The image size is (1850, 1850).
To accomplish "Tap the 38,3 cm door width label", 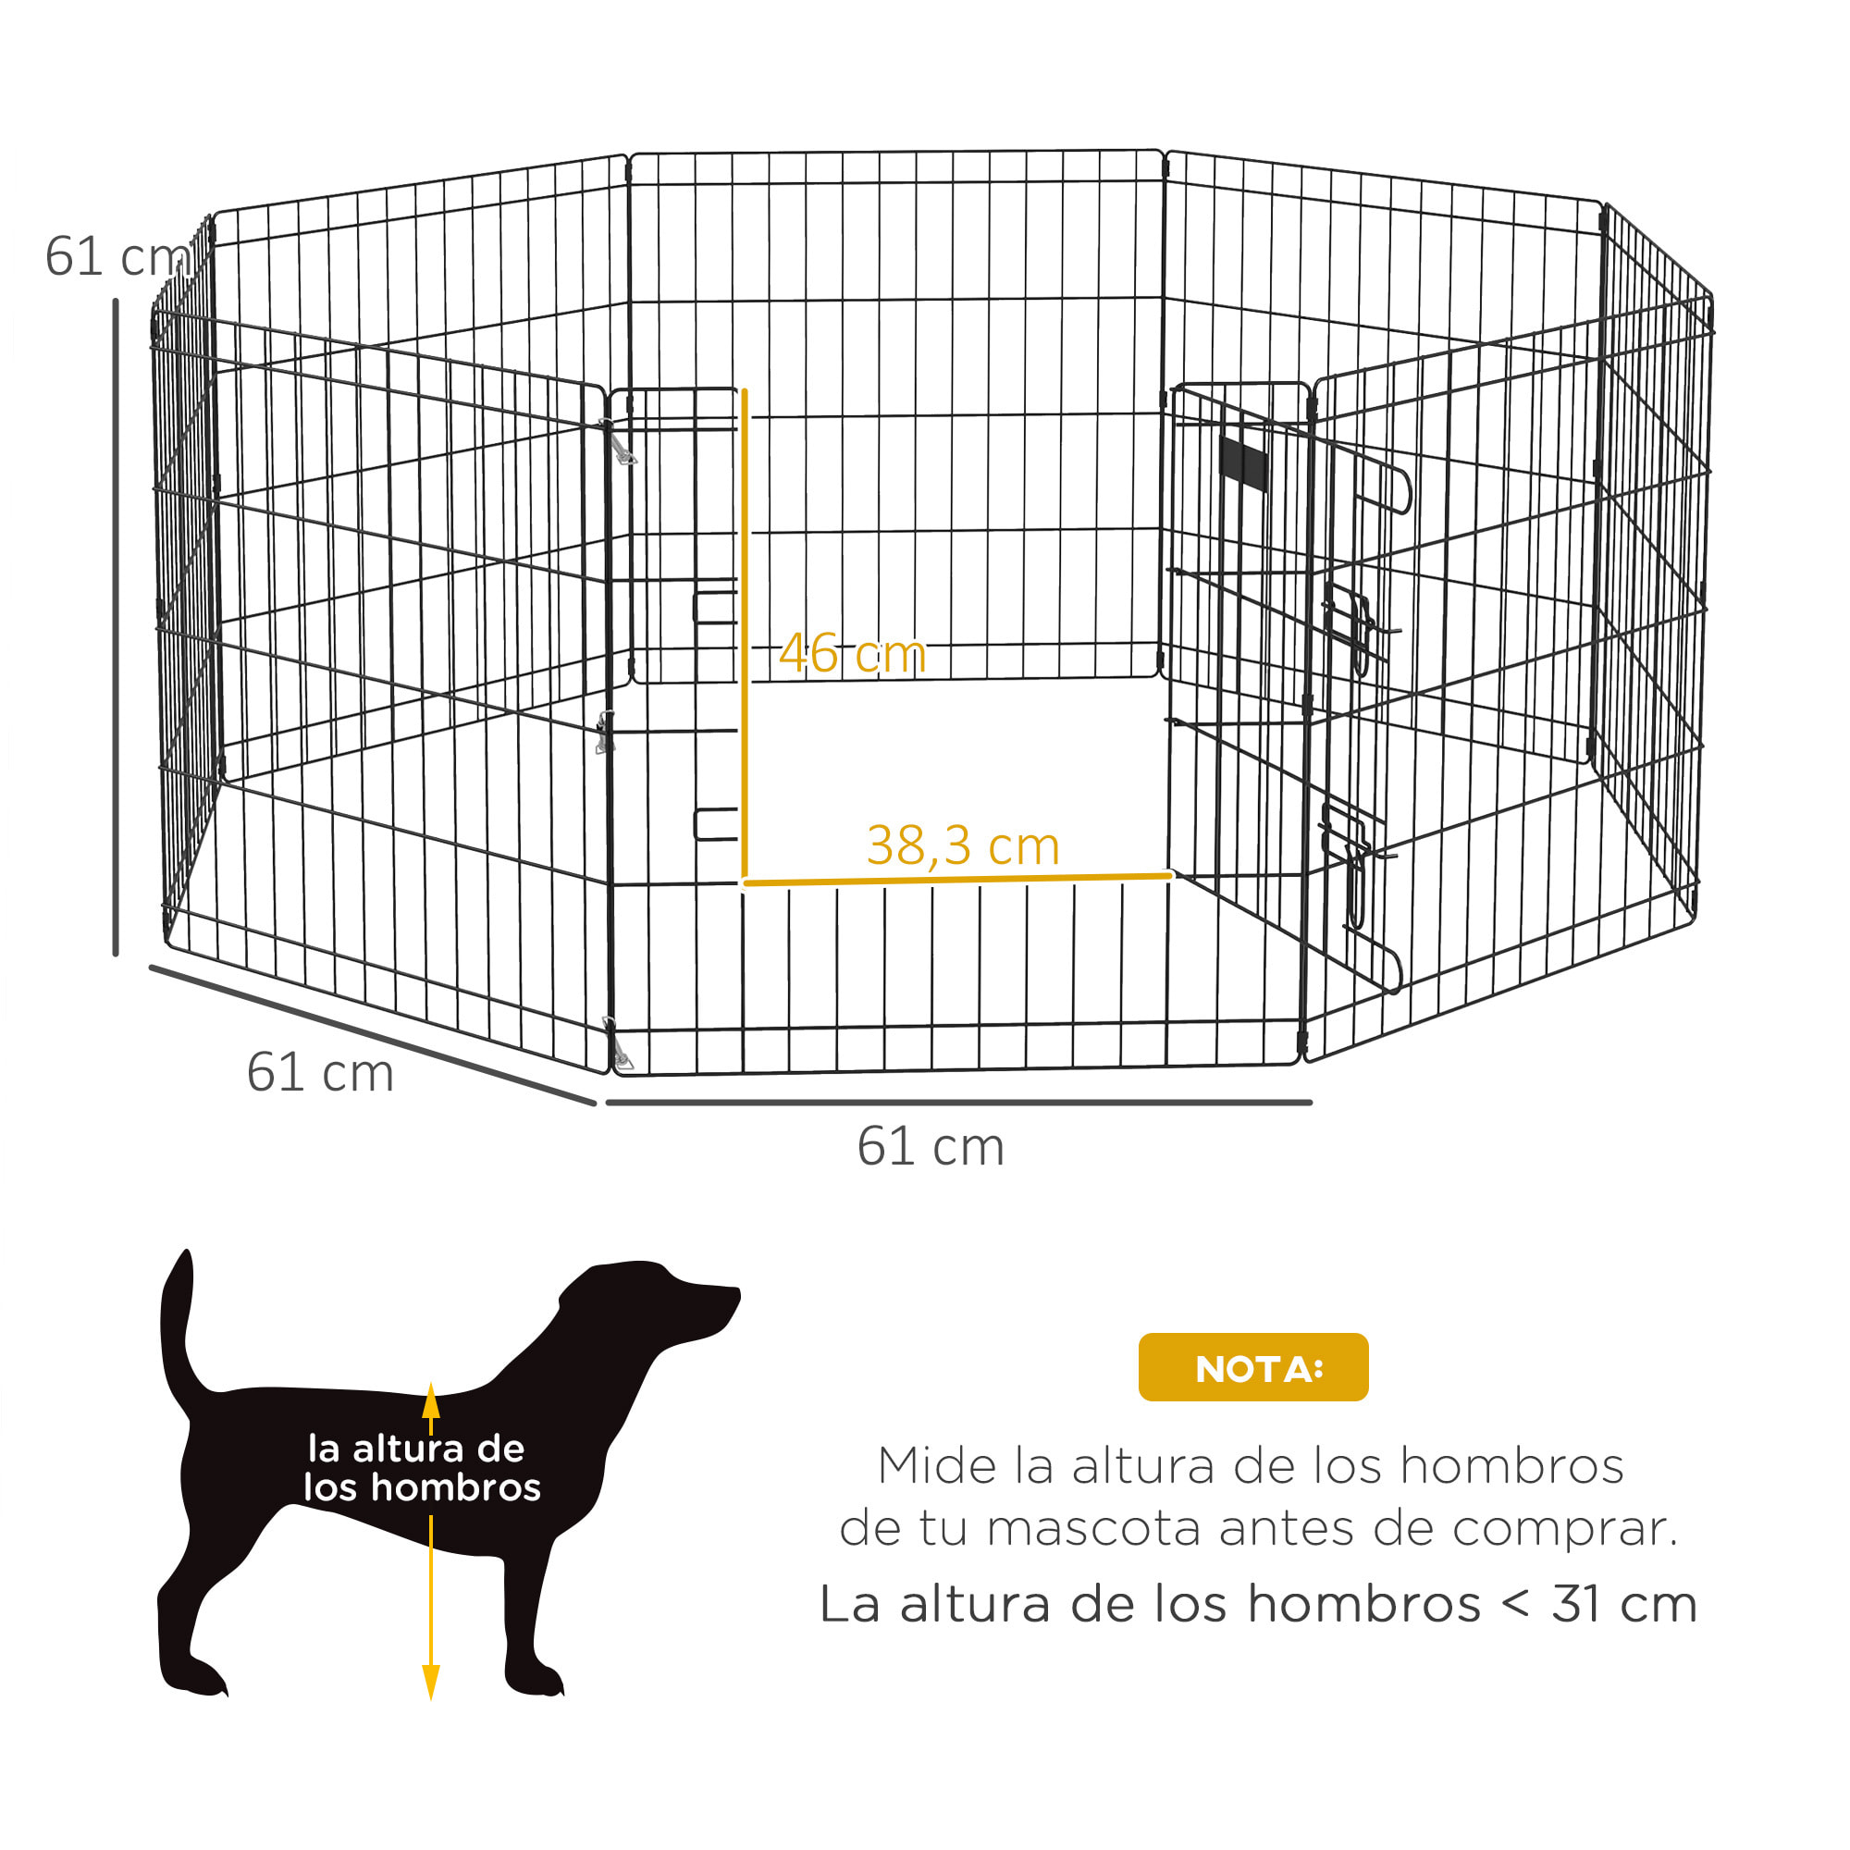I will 962,845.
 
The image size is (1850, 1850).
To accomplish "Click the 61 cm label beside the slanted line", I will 320,1071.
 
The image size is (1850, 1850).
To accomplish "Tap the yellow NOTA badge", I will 1252,1367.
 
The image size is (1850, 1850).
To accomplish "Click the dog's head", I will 660,1307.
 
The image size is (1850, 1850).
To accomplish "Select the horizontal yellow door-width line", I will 957,878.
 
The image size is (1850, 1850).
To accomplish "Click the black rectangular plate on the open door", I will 1244,462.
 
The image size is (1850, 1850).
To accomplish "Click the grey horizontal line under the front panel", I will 957,1104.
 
